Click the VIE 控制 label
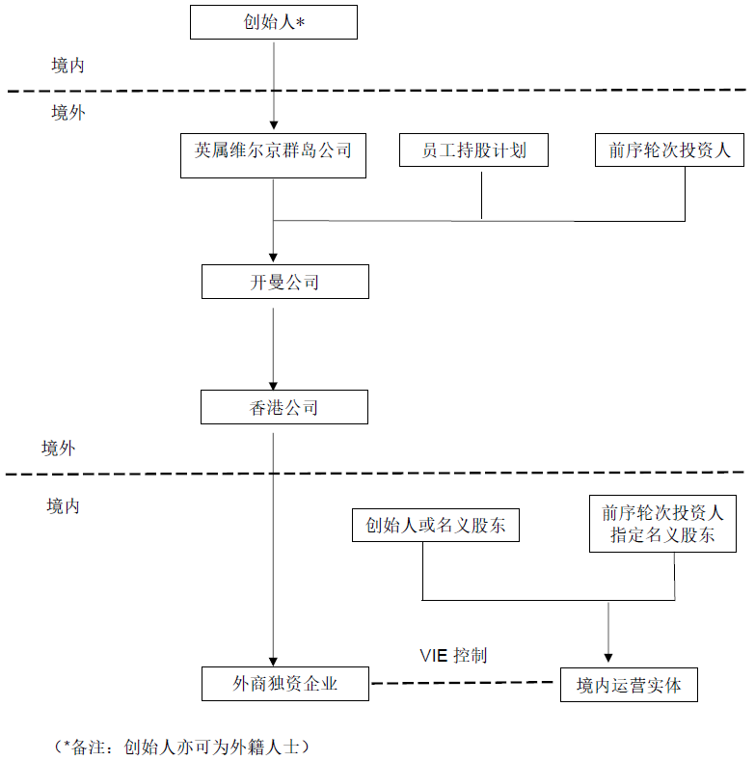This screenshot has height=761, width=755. (x=453, y=655)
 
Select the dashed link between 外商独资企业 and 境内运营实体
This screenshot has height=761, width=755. (x=463, y=683)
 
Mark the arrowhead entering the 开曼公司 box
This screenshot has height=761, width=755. (x=273, y=258)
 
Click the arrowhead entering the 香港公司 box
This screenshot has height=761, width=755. (x=273, y=386)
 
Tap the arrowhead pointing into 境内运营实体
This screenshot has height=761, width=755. (x=608, y=658)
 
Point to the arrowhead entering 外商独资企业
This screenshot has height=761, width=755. (x=273, y=662)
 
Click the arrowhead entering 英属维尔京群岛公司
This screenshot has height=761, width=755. (x=274, y=125)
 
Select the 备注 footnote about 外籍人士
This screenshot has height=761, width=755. (x=181, y=747)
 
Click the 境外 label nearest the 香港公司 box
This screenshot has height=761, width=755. (x=58, y=448)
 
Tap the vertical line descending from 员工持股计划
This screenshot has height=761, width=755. (x=481, y=195)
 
